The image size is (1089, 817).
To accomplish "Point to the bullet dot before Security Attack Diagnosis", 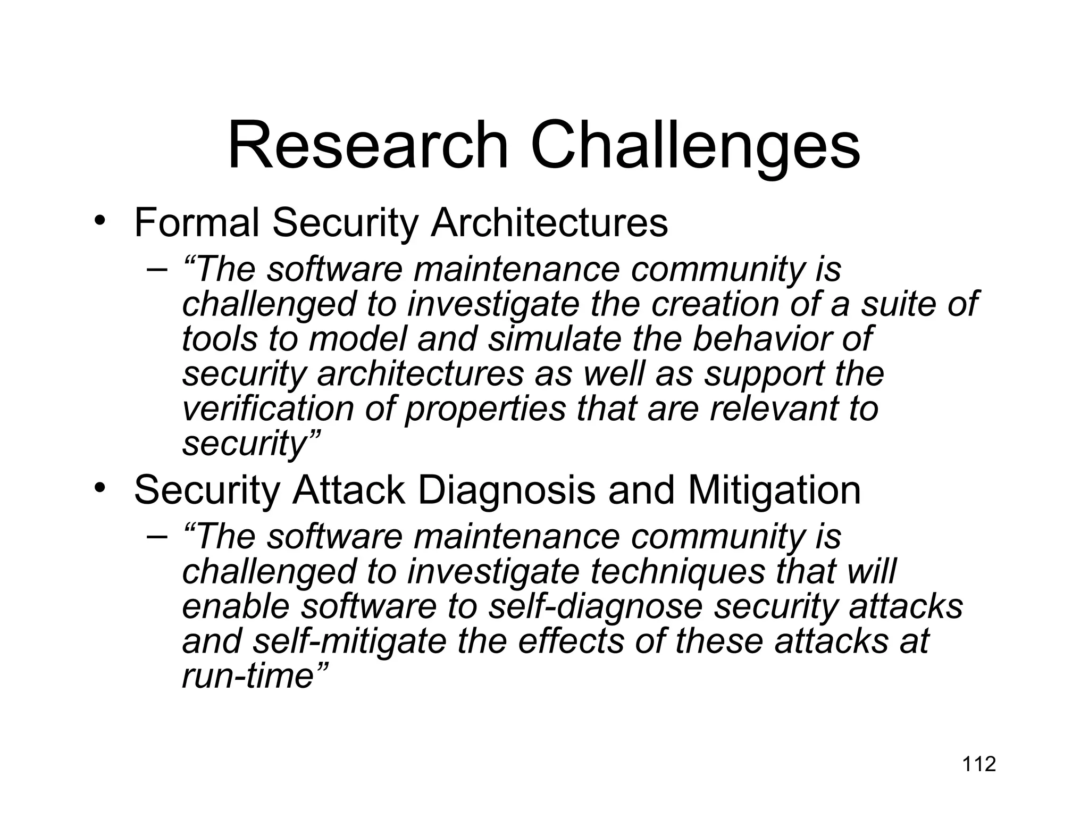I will (x=98, y=488).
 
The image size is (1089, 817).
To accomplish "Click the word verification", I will (x=268, y=408).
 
